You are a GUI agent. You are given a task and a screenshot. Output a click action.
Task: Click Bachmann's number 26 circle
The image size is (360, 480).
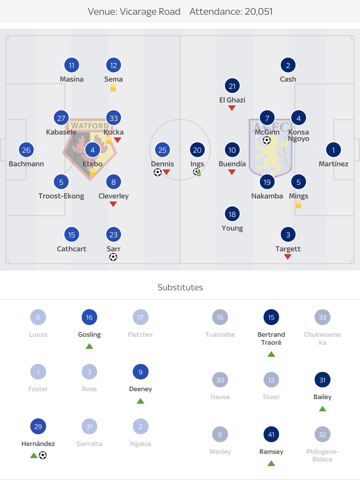[x=26, y=150]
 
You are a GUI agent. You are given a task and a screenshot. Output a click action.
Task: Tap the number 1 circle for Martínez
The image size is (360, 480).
[x=333, y=150]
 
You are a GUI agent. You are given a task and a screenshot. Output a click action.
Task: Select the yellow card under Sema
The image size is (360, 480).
[x=113, y=88]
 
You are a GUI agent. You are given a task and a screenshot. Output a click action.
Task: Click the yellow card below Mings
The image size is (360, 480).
[x=298, y=204]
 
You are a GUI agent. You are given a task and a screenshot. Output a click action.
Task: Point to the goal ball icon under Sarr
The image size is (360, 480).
[x=113, y=257]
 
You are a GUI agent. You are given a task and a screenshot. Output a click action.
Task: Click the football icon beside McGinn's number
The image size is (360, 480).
[x=267, y=141]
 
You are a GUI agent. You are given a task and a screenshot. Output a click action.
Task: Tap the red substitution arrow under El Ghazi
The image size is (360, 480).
[x=232, y=108]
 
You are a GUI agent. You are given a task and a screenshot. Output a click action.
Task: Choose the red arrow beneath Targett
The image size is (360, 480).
[x=288, y=257]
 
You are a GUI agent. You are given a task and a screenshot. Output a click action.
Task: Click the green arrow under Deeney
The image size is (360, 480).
[x=140, y=401]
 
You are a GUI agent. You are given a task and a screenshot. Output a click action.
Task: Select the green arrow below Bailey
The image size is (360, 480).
[x=322, y=409]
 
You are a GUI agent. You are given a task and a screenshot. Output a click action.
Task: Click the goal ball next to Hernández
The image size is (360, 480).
[x=43, y=455]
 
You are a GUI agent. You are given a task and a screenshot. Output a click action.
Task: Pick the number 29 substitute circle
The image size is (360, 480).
[x=38, y=427]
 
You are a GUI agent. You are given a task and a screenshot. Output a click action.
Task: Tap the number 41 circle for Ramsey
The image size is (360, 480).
[x=271, y=435]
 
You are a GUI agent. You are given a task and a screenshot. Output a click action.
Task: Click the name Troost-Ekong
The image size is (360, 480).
[x=61, y=196]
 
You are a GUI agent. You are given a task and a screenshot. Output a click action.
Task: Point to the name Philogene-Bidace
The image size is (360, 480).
[x=323, y=455]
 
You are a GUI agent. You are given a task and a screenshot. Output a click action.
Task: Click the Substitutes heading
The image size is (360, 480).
[x=180, y=287]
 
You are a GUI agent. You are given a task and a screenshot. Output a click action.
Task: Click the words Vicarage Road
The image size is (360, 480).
[x=150, y=12]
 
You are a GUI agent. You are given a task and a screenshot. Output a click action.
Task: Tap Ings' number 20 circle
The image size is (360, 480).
[x=197, y=150]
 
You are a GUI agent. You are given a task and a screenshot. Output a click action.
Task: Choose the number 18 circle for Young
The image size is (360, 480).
[x=232, y=214]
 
